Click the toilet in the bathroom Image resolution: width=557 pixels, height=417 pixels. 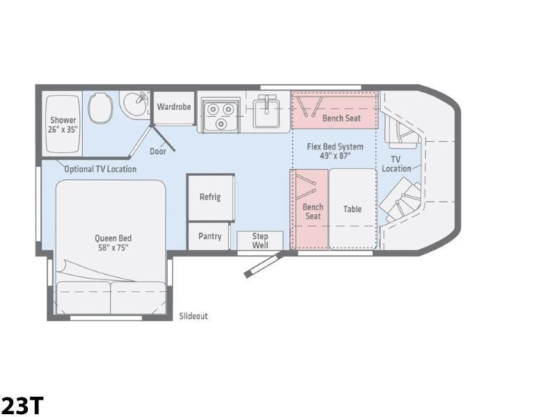[x=100, y=108]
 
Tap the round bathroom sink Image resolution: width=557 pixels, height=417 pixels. [x=134, y=104]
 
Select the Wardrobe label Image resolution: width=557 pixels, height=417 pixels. [x=173, y=106]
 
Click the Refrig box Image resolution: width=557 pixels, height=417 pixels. [x=211, y=197]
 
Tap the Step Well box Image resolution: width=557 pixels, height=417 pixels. [x=260, y=240]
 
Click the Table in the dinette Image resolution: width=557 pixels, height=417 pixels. [x=352, y=209]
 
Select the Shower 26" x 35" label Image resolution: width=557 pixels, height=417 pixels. [x=63, y=125]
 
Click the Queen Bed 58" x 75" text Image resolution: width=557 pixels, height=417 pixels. [x=113, y=243]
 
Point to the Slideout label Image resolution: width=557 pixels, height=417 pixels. [x=194, y=316]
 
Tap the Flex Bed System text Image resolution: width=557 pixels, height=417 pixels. [x=335, y=147]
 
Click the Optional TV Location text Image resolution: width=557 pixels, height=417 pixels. [x=100, y=169]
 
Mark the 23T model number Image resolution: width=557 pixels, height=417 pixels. [x=22, y=405]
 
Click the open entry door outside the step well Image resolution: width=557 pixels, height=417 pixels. [x=264, y=265]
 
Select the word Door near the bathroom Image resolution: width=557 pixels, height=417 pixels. [x=158, y=152]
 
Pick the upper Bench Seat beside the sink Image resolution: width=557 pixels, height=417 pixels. [x=335, y=110]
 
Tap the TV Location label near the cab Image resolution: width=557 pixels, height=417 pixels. [x=396, y=164]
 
